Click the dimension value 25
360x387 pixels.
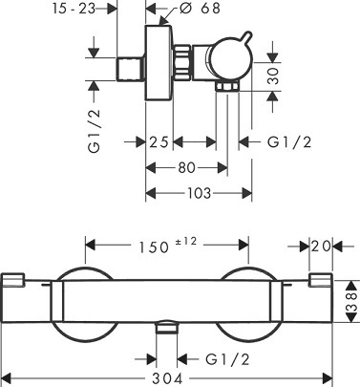pyautogui.click(x=160, y=142)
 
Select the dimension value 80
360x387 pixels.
pyautogui.click(x=187, y=168)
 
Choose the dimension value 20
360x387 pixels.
pyautogui.click(x=322, y=247)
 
